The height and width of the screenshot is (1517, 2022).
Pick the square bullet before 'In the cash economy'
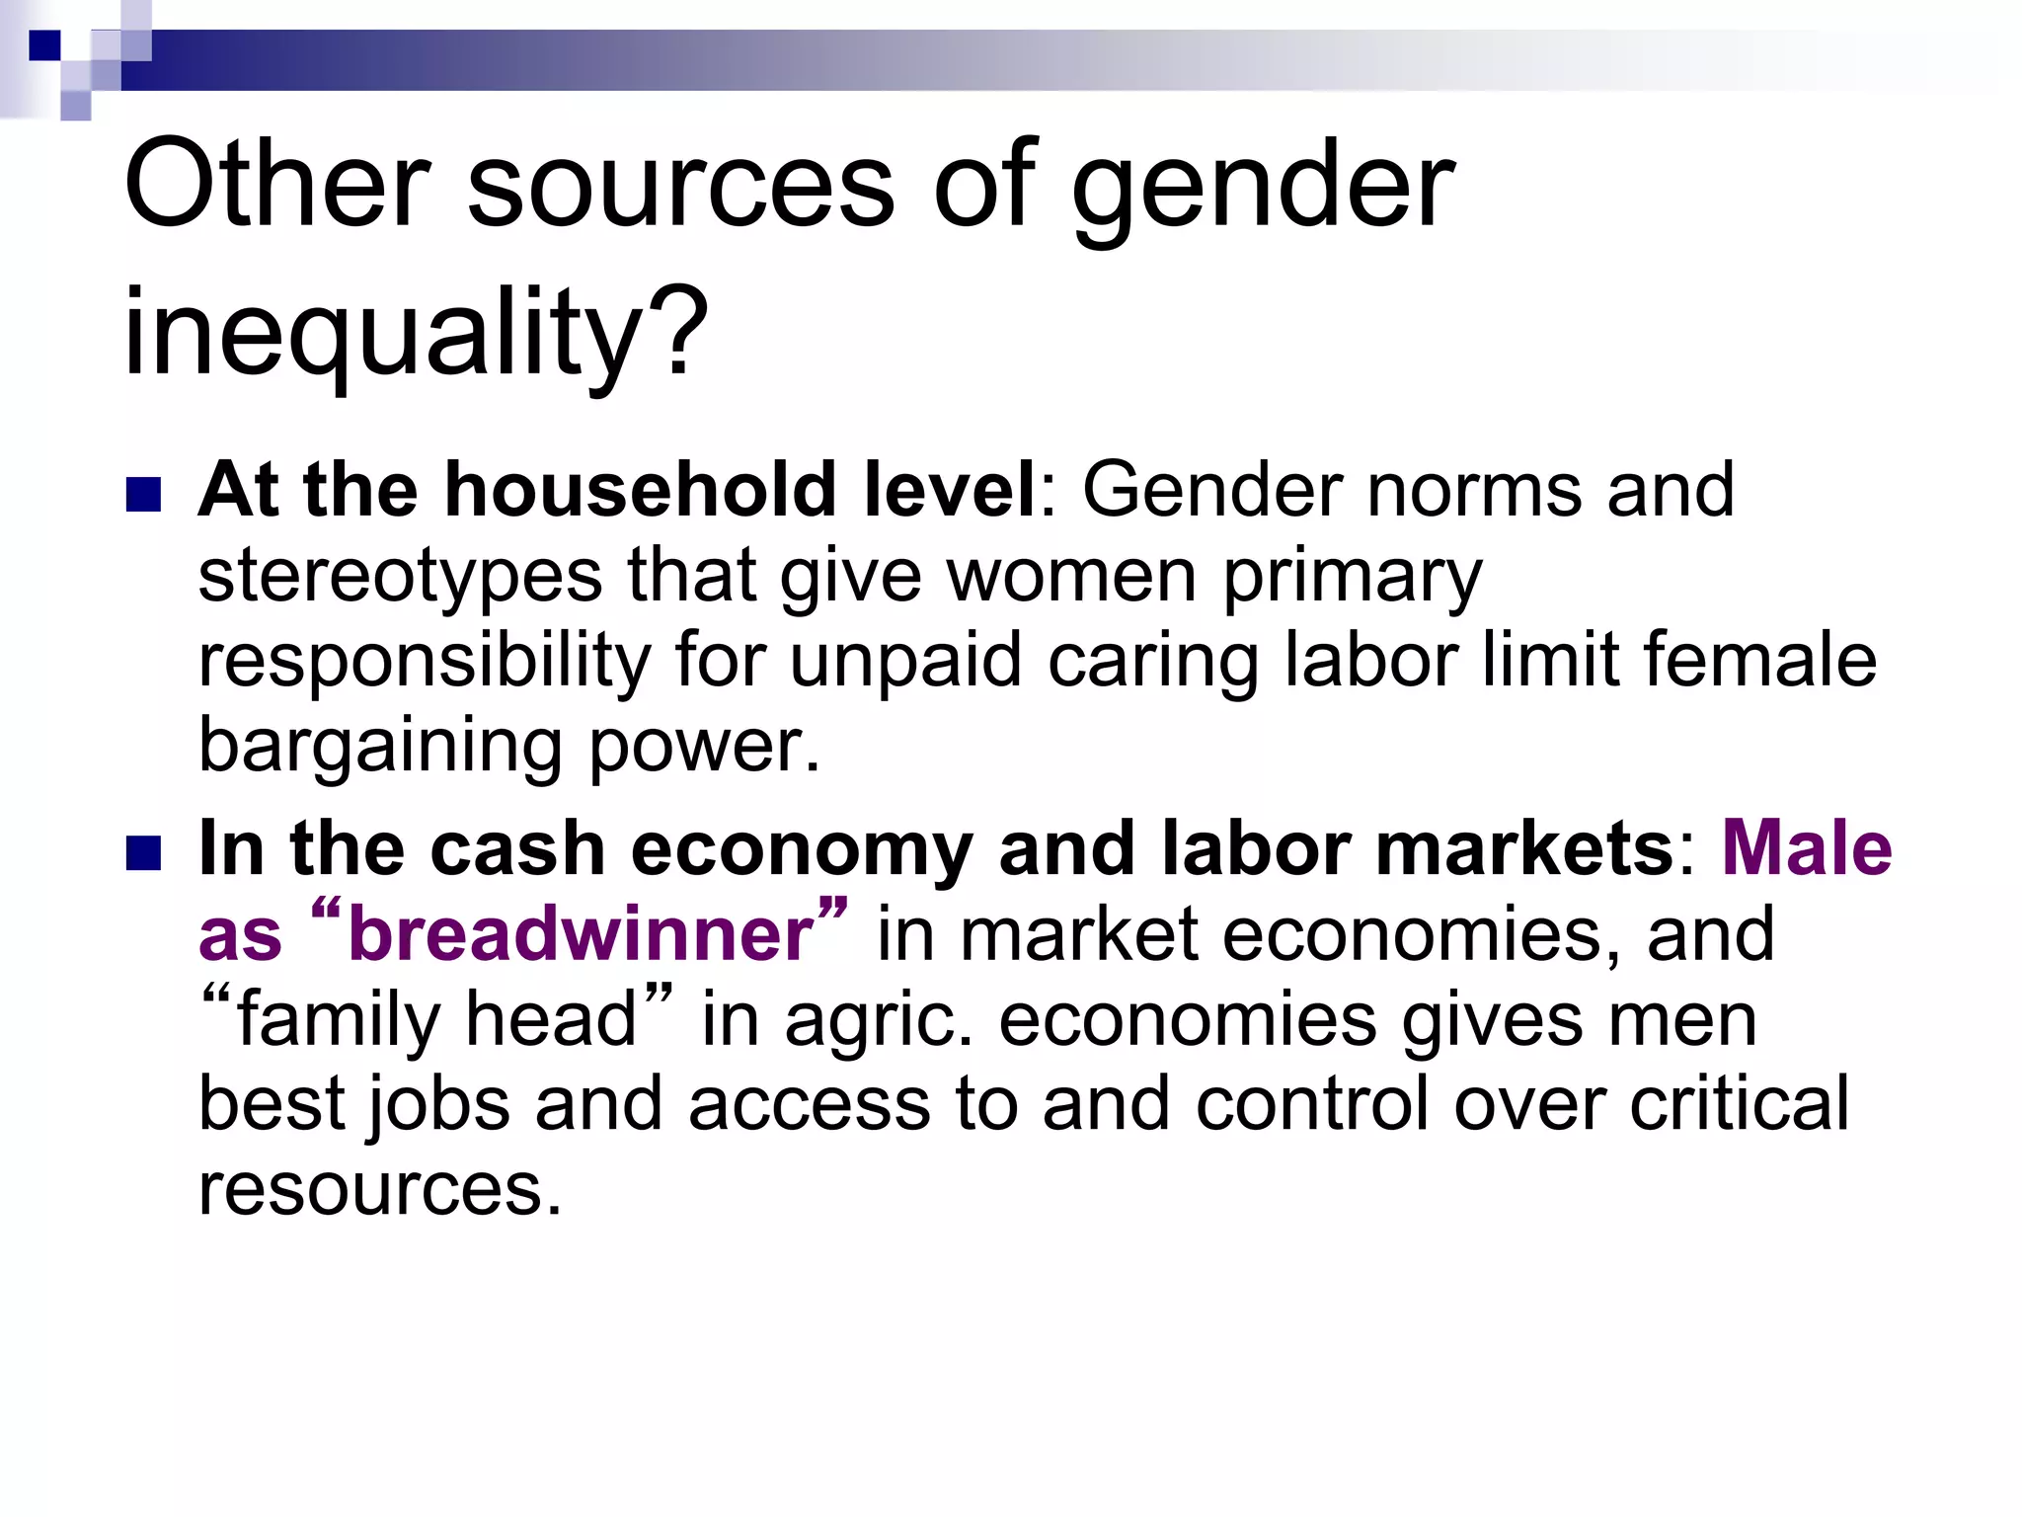click(x=144, y=854)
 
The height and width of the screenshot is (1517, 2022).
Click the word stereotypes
click(x=400, y=576)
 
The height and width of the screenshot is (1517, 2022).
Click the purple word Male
click(x=1807, y=848)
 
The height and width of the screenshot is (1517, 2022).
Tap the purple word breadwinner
click(x=581, y=934)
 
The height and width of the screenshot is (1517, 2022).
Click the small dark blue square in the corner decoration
click(x=43, y=44)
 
